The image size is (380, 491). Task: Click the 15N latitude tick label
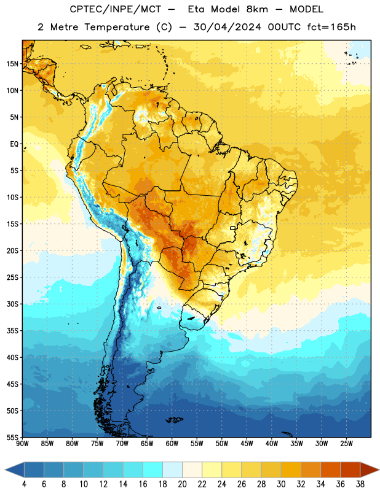tap(12, 64)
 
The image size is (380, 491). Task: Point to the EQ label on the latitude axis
tap(14, 144)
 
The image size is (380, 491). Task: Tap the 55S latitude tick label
tap(12, 437)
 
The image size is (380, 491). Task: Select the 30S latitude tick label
tap(12, 304)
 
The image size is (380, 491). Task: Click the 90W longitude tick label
tap(22, 444)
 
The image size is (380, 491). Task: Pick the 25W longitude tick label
tap(346, 444)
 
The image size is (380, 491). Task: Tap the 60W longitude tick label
tap(172, 444)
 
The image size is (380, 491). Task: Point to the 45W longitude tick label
tap(247, 444)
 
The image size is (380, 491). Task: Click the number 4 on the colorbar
tap(24, 484)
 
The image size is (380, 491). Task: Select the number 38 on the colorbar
tap(360, 484)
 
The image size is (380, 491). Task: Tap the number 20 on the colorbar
tap(182, 484)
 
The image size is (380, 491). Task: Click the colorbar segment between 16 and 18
tap(153, 470)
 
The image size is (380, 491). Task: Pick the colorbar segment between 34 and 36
tap(330, 470)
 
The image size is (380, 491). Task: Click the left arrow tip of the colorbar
tap(5, 470)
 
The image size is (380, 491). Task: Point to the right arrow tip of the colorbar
tap(379, 470)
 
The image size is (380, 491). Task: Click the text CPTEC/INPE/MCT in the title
tap(116, 9)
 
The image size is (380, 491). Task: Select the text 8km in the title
tap(257, 9)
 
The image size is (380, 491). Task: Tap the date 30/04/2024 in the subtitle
tap(228, 27)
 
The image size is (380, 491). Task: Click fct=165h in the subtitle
tap(331, 27)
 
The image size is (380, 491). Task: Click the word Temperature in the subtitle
tap(117, 28)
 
